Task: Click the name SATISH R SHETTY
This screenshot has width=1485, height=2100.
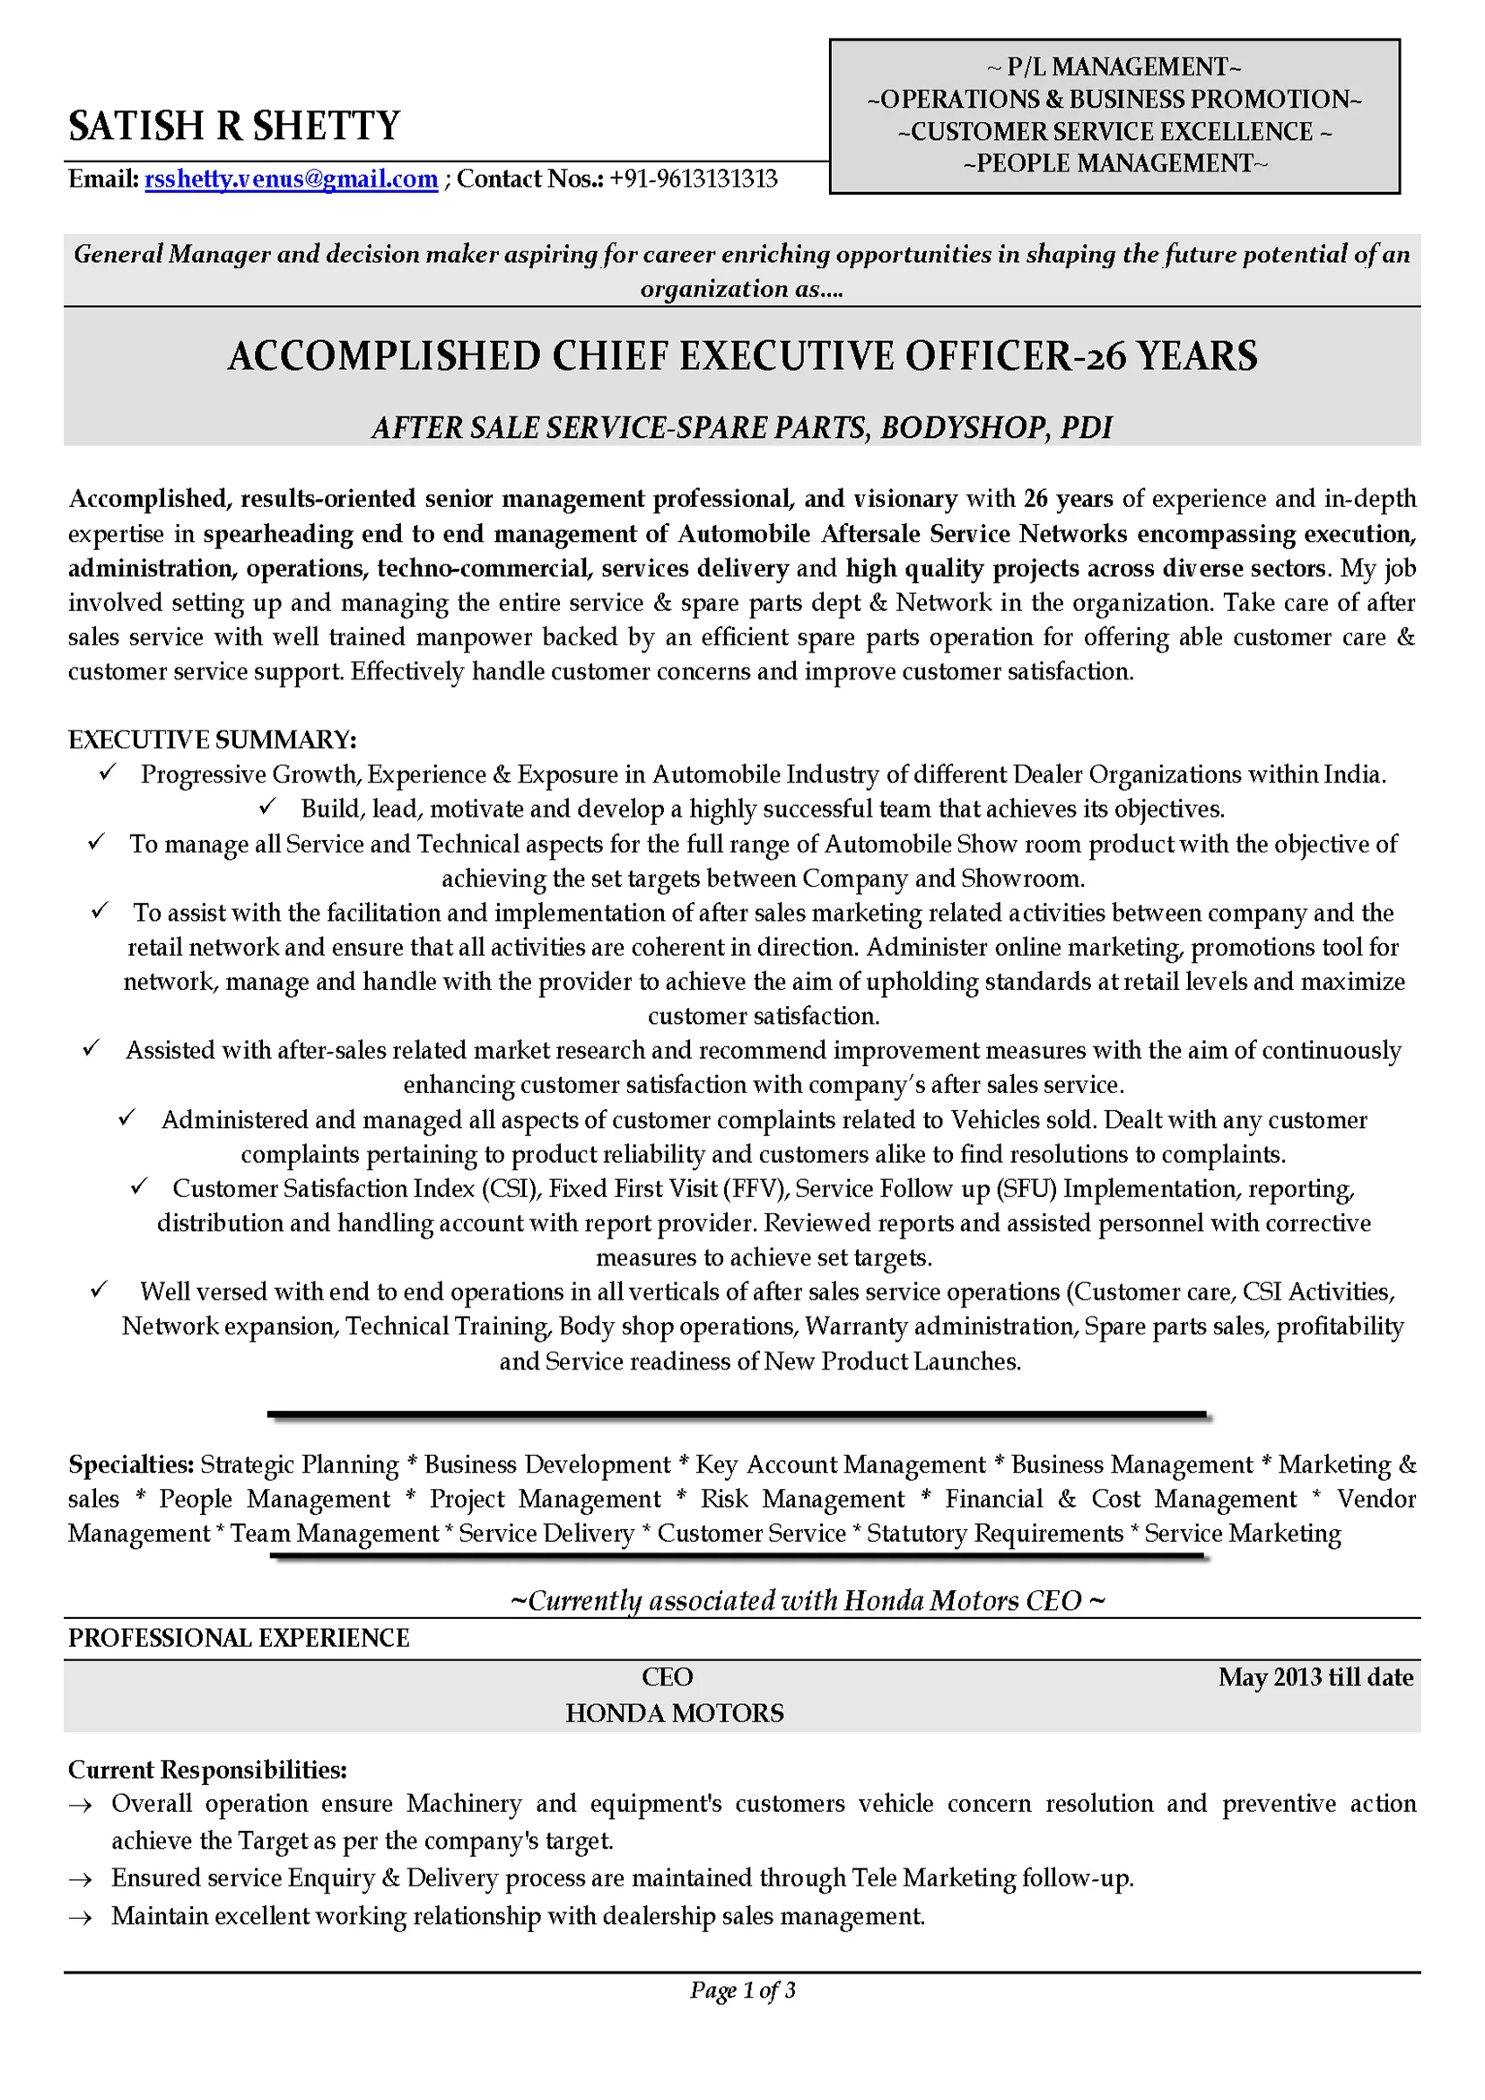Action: pos(234,127)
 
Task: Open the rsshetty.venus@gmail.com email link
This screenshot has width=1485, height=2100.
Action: pos(291,179)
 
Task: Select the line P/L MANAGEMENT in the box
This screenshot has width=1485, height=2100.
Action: pos(1114,67)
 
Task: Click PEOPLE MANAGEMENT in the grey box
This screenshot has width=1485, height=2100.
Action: pos(1114,163)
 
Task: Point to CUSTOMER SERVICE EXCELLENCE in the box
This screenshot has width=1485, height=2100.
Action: pos(1114,132)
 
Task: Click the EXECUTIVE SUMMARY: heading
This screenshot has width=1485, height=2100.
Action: pos(212,740)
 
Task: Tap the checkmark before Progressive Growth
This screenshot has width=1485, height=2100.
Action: pos(107,773)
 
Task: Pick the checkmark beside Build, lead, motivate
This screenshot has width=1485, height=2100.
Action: pos(268,807)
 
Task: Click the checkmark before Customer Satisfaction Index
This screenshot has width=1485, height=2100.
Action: pos(139,1186)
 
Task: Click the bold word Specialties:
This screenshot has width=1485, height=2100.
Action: pos(131,1466)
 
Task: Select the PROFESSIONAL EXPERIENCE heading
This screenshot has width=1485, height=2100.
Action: pos(239,1638)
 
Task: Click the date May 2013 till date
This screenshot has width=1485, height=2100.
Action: pos(1315,1677)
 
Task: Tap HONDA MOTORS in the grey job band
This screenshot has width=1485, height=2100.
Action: pos(674,1713)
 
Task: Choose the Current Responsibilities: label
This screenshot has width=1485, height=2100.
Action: pos(207,1770)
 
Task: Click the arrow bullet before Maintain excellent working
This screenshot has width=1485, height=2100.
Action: pos(82,1917)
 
